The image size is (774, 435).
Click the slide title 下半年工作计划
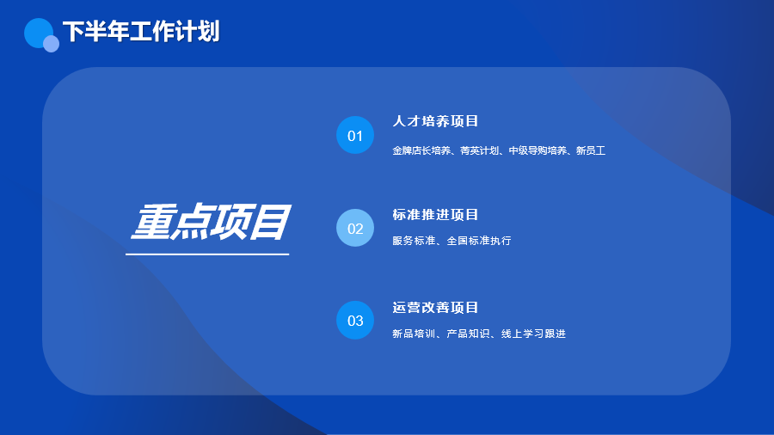coord(141,32)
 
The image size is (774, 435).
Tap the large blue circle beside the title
coord(38,32)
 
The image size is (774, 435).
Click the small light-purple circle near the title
coord(52,44)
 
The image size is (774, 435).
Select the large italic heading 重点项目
coord(211,222)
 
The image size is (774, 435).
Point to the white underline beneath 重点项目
coord(207,254)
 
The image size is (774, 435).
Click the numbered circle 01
coord(355,135)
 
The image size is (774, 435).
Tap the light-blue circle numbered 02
coord(355,228)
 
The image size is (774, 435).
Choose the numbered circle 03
coord(355,320)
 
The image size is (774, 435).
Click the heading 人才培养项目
coord(435,121)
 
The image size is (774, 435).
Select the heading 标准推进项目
coord(435,215)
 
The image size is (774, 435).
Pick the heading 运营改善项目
coord(435,307)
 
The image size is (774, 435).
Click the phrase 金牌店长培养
coord(421,150)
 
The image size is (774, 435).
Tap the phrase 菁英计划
coord(479,150)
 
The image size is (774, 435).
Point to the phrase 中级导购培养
coord(537,150)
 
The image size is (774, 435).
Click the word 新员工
coord(591,150)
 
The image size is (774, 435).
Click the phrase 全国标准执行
coord(479,241)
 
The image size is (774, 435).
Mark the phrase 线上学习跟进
coord(533,334)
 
